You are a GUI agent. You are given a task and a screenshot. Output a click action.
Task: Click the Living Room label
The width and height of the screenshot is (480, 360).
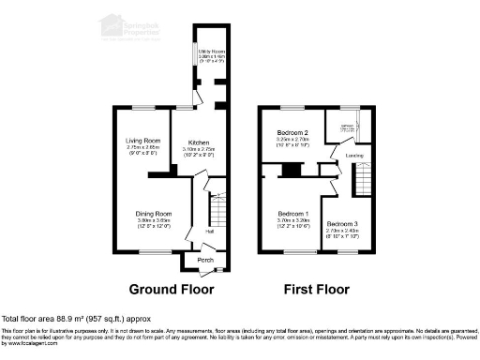[x=144, y=141]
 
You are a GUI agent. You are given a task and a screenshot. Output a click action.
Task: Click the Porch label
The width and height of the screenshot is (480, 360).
[x=198, y=260]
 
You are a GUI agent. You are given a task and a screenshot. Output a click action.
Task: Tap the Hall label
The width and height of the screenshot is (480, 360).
[x=210, y=231]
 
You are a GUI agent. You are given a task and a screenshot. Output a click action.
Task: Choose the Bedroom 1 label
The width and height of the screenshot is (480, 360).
[x=293, y=215]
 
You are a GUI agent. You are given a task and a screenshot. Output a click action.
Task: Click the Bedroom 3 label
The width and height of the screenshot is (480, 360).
[x=342, y=224]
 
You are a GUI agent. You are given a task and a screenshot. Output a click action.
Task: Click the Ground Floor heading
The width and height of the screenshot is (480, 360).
[x=171, y=289]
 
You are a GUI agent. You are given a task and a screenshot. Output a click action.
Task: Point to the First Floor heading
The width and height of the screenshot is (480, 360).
[x=317, y=289]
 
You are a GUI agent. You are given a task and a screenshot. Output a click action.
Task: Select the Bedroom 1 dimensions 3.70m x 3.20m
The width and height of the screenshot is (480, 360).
[x=293, y=223]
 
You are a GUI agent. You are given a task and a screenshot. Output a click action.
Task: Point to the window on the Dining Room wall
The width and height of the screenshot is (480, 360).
[x=150, y=252]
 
